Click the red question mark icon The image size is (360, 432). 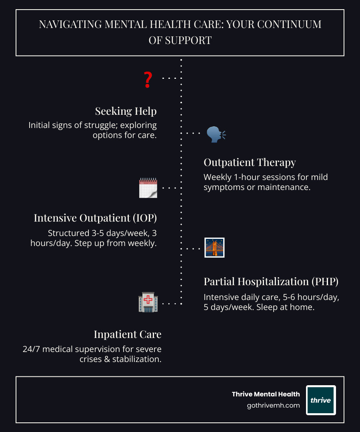tap(148, 79)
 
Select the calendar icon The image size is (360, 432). tap(148, 188)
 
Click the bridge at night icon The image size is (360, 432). tap(214, 248)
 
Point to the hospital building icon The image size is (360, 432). tap(148, 302)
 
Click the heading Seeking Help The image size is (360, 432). tap(126, 111)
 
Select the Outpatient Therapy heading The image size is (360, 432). tap(250, 162)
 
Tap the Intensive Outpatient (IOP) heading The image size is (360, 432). tap(95, 218)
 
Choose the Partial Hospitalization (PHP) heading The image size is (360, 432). tap(271, 281)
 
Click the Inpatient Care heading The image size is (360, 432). tap(127, 334)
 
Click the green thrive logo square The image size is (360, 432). tap(321, 400)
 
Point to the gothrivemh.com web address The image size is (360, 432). tap(273, 405)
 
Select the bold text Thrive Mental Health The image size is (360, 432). tap(266, 394)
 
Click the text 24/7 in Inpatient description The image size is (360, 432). tap(31, 349)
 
